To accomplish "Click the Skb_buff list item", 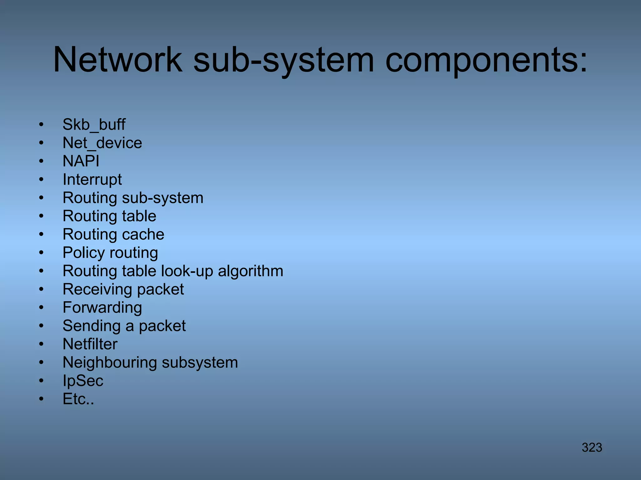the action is click(x=94, y=125).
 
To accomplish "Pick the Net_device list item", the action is click(x=102, y=143).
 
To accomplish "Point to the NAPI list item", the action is click(x=81, y=161).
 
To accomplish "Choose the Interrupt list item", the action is click(x=92, y=180).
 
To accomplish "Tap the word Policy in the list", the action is click(x=83, y=253).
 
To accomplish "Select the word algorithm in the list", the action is click(x=250, y=271).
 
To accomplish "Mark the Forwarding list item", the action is click(x=102, y=307).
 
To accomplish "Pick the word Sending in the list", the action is click(x=91, y=326).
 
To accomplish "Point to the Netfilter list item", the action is click(x=90, y=344).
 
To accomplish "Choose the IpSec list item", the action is click(x=83, y=381).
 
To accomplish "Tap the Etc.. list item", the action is click(x=78, y=399).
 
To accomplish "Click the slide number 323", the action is click(x=592, y=447).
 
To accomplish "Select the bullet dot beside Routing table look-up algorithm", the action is click(x=41, y=271).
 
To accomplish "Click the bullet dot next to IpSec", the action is click(x=41, y=381).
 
